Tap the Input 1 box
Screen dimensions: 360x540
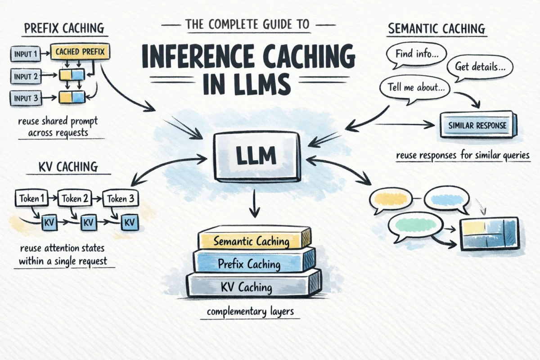(23, 54)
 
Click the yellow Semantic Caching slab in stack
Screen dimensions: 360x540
(252, 240)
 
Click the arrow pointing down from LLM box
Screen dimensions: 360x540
(255, 203)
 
